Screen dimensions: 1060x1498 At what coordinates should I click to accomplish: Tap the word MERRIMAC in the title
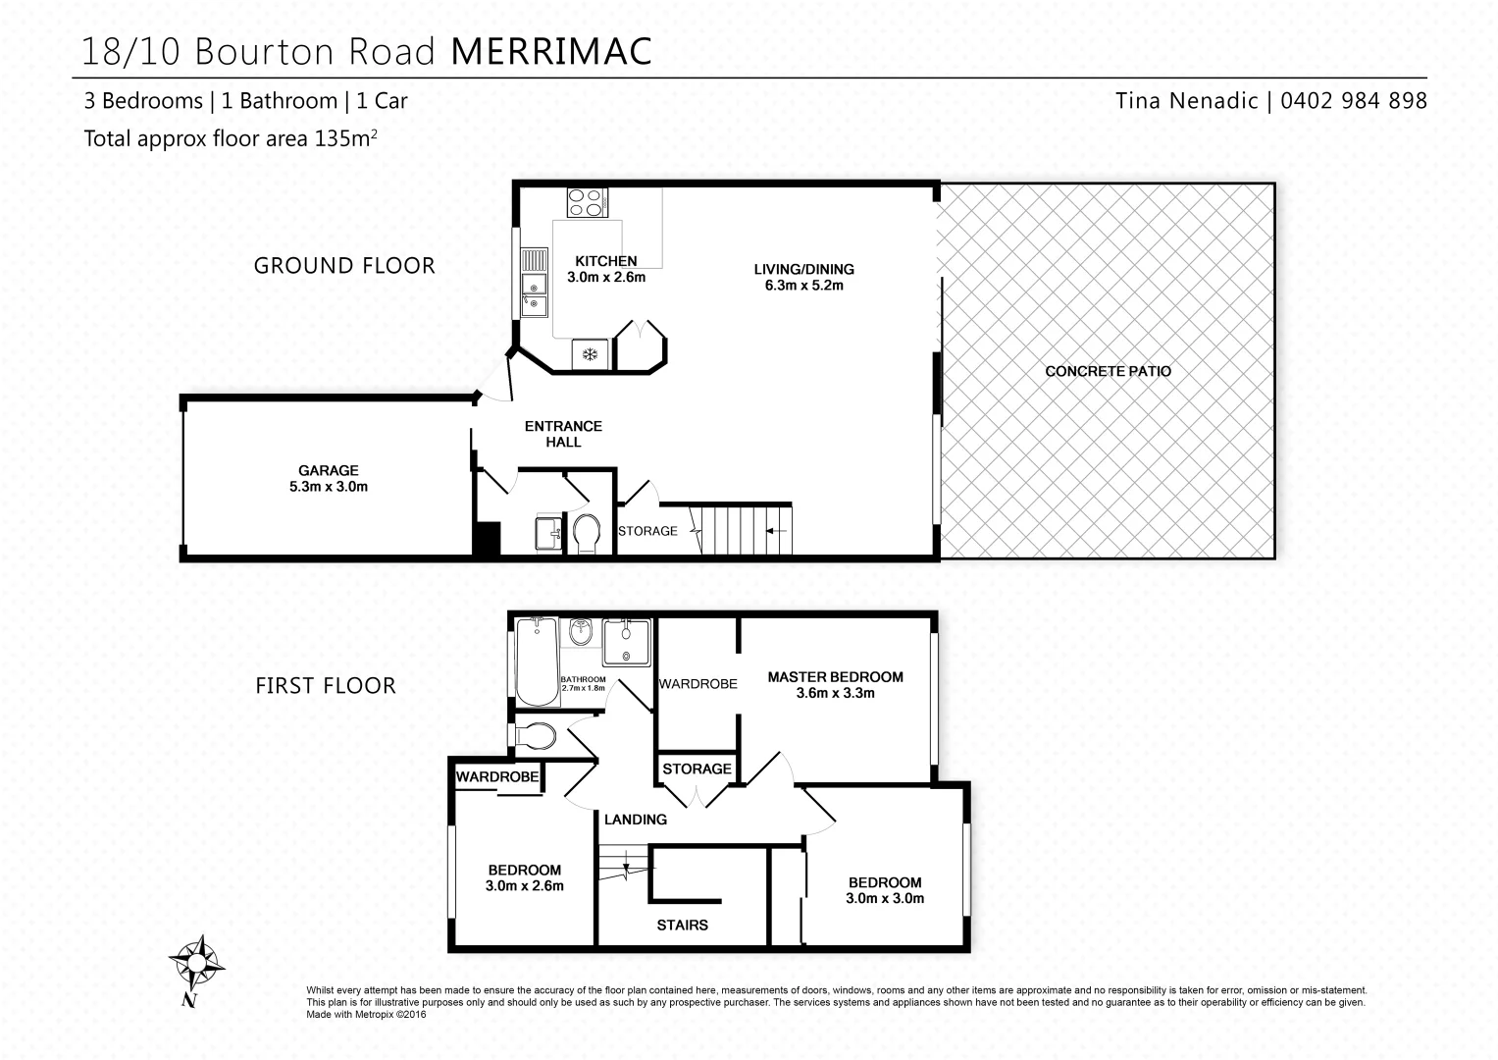tap(551, 51)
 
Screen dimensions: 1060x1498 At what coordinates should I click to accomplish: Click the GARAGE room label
tap(329, 470)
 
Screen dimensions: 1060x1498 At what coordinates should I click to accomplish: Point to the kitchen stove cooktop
tap(587, 202)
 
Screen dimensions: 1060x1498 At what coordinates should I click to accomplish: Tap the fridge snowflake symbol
tap(591, 354)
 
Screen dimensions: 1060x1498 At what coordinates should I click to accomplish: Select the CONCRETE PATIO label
tap(1108, 371)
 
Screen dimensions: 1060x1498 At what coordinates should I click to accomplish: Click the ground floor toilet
tap(587, 533)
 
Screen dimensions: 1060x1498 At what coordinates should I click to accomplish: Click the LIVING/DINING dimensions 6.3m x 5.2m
tap(803, 286)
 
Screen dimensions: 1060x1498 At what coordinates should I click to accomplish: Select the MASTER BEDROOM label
tap(835, 676)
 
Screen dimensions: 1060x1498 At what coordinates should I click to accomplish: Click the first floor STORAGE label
tap(697, 768)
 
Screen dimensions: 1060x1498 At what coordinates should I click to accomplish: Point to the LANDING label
tap(635, 819)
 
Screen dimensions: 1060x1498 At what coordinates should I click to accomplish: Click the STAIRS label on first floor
tap(682, 925)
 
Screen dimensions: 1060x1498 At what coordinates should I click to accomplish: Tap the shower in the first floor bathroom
tap(626, 643)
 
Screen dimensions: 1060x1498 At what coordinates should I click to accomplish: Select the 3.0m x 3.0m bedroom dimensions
tap(885, 898)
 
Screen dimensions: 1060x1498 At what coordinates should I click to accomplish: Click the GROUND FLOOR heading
tap(344, 265)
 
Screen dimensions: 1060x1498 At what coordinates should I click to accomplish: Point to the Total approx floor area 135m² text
tap(230, 138)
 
